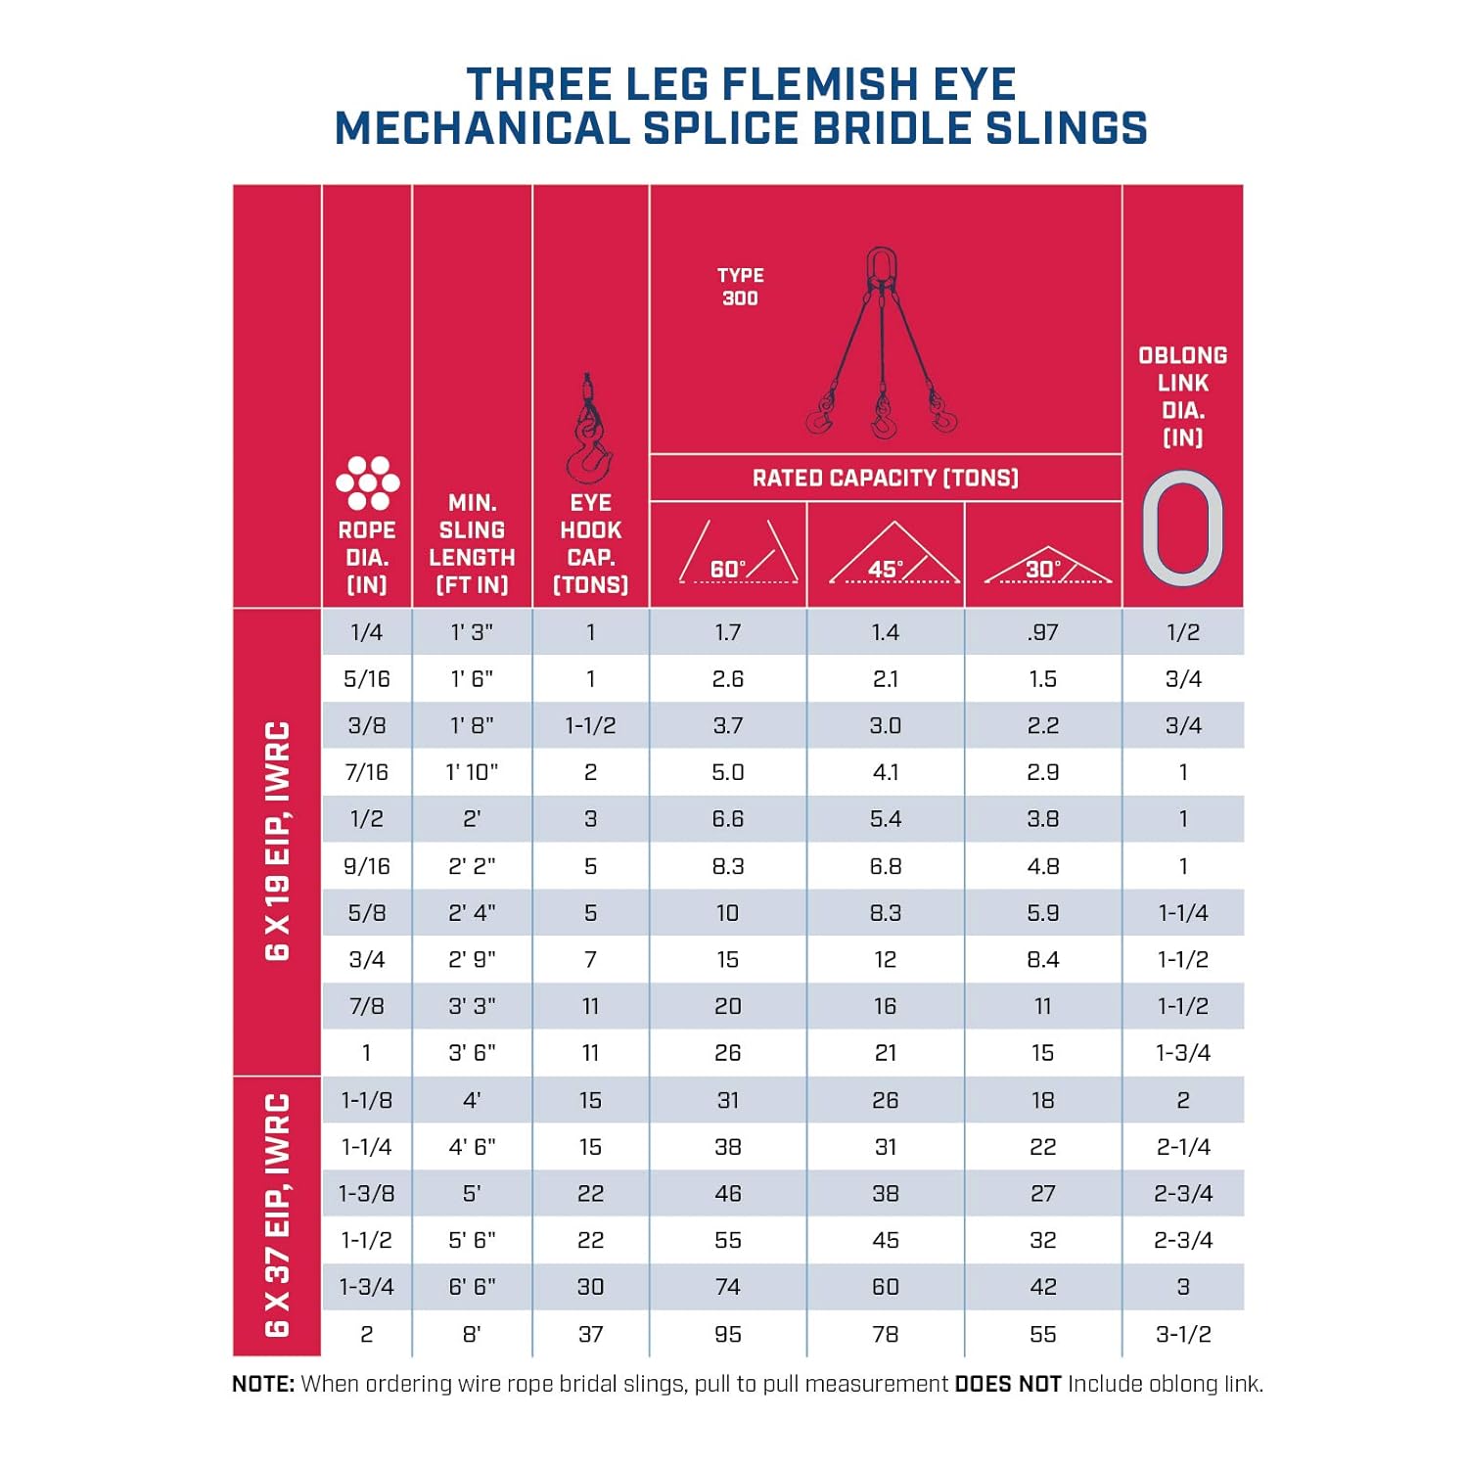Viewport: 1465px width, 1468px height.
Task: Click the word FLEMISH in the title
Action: tap(821, 84)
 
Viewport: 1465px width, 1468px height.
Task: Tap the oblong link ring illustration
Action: tap(1182, 528)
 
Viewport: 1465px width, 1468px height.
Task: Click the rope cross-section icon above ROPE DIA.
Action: tap(367, 482)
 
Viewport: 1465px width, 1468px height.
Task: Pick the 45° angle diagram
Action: tap(893, 555)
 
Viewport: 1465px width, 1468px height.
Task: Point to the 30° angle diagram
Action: tap(1047, 565)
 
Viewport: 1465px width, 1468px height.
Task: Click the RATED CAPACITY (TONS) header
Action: tap(885, 478)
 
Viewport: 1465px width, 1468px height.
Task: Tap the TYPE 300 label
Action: tap(740, 287)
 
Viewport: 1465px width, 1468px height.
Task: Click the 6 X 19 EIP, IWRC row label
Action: tap(278, 841)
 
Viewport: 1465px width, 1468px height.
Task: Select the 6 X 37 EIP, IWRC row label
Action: tap(278, 1215)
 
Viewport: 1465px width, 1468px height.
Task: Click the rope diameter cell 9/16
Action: tap(367, 866)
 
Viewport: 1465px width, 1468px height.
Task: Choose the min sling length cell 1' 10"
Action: tap(472, 772)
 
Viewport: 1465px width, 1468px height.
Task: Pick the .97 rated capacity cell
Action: tap(1043, 632)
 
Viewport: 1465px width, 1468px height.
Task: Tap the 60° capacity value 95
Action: tap(727, 1334)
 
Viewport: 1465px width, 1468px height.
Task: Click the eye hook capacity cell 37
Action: tap(590, 1334)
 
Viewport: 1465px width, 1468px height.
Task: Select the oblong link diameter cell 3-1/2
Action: tap(1182, 1334)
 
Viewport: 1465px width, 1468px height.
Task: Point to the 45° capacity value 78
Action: tap(885, 1334)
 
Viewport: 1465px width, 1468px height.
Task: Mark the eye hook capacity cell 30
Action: tap(590, 1287)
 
